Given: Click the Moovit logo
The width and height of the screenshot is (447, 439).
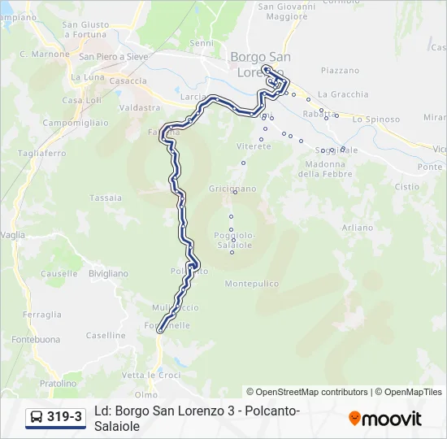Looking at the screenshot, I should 385,419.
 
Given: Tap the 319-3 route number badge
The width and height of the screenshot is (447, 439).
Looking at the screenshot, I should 55,418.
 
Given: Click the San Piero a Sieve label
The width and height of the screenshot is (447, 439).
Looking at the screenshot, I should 113,57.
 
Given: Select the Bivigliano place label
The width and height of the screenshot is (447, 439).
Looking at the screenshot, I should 108,274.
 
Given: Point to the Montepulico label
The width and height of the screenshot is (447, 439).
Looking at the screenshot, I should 251,284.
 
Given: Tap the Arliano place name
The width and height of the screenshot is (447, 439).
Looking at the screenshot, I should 357,227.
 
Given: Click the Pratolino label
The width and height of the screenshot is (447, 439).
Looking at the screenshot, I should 59,383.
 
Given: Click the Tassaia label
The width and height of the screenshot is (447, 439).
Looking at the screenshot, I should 106,198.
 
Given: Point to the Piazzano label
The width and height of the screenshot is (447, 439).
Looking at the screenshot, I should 340,71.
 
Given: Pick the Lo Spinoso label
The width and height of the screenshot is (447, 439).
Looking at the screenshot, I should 375,120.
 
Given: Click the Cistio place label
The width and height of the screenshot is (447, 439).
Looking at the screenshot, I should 406,186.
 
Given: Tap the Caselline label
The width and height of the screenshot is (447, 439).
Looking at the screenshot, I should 106,335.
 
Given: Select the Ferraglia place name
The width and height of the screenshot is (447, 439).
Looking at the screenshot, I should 42,315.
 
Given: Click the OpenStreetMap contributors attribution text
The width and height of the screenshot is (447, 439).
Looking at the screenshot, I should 307,392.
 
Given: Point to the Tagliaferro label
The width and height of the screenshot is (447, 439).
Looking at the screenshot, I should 41,153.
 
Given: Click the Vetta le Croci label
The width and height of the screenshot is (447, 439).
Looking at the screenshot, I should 151,375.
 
